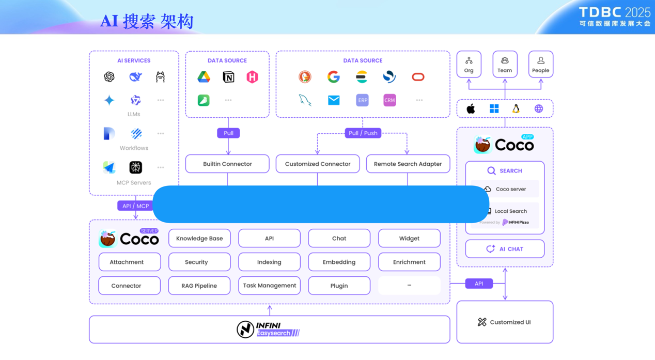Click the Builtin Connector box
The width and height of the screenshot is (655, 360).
(227, 164)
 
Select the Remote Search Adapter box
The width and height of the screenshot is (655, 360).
(408, 164)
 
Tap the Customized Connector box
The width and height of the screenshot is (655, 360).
(318, 164)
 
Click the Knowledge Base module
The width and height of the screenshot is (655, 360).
(199, 238)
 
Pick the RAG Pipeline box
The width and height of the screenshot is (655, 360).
(199, 286)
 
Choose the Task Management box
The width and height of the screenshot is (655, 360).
(269, 286)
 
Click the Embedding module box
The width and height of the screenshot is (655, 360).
(339, 262)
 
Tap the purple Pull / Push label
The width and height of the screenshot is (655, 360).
(363, 133)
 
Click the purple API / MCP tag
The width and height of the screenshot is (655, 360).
(135, 206)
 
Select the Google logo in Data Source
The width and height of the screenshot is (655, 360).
(333, 77)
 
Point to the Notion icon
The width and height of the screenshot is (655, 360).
(228, 77)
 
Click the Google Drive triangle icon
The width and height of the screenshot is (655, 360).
(204, 77)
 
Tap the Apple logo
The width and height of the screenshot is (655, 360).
(471, 109)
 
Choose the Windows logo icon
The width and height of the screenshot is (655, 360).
(494, 109)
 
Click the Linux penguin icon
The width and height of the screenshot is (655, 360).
(516, 109)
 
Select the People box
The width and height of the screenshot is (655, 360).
(541, 65)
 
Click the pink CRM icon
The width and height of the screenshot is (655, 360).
(389, 100)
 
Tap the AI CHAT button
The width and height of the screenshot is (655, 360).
(505, 249)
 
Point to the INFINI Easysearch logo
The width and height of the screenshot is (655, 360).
(268, 330)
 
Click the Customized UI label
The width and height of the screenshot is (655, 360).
(510, 322)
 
